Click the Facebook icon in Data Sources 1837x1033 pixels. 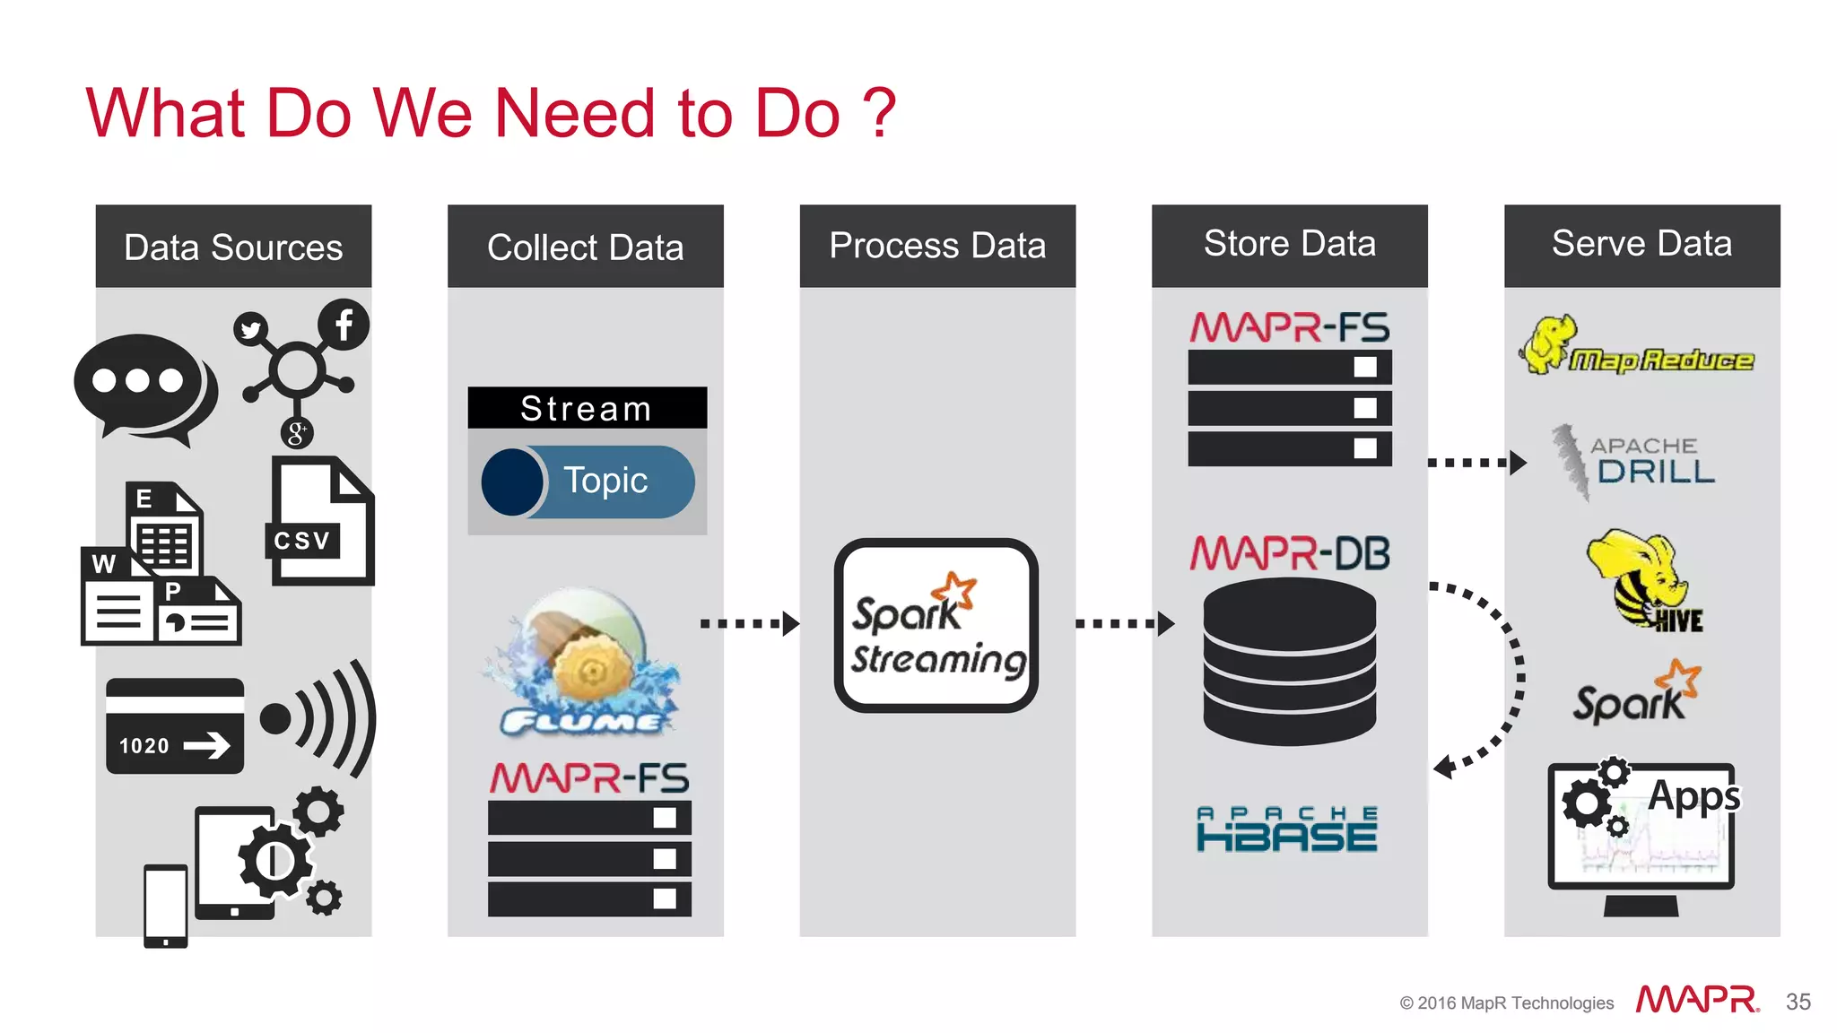pos(344,325)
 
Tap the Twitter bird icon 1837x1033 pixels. pos(251,329)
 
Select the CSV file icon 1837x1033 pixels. pos(321,522)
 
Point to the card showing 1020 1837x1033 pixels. pos(175,726)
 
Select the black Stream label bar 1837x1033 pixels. pos(587,408)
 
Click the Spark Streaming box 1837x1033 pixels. pos(936,626)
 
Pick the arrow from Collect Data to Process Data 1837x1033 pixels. pos(750,623)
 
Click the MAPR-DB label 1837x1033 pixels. pos(1289,553)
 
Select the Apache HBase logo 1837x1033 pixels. pos(1287,829)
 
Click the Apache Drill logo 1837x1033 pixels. pos(1634,461)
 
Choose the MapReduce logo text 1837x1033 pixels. pos(1660,360)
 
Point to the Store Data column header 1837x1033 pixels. pos(1289,245)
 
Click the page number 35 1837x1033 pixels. pos(1798,1002)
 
